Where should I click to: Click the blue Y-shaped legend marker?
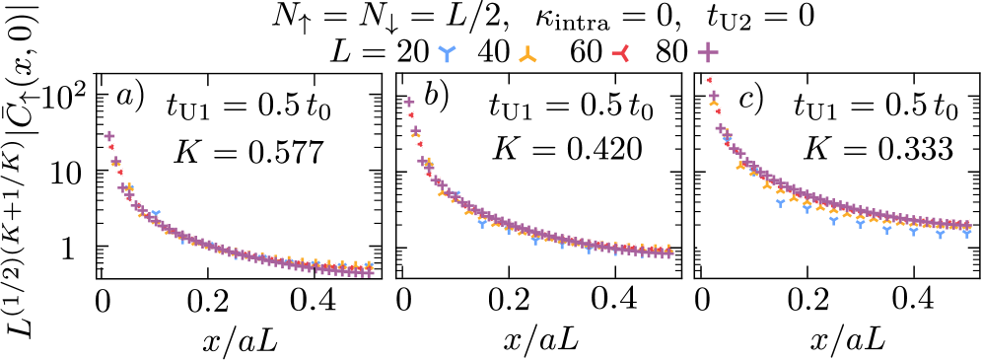[447, 52]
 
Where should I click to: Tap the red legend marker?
[621, 53]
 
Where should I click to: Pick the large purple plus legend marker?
[708, 52]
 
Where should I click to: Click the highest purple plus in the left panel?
[109, 136]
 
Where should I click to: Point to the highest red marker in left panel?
[110, 147]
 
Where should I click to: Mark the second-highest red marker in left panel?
[119, 172]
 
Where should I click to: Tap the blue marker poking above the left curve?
[155, 214]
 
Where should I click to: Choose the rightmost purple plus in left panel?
[368, 271]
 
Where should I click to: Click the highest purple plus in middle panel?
[409, 102]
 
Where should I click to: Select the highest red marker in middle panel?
[410, 114]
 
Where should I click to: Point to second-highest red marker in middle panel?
[419, 144]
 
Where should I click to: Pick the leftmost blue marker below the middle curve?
[482, 224]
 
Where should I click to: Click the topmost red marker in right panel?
[709, 80]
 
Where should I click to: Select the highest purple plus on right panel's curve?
[714, 96]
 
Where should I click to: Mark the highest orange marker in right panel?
[714, 103]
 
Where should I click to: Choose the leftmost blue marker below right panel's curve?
[780, 203]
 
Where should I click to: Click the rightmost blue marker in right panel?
[966, 234]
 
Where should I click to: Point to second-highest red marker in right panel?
[718, 111]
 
